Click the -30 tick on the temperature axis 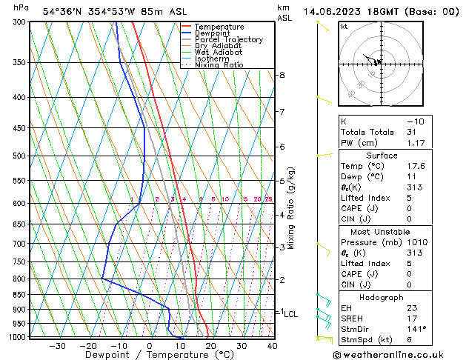pos(57,346)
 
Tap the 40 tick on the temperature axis pos(272,346)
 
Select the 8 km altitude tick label pos(282,76)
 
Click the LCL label pos(291,314)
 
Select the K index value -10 pos(415,121)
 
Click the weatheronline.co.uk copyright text pos(400,353)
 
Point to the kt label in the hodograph pos(344,27)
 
